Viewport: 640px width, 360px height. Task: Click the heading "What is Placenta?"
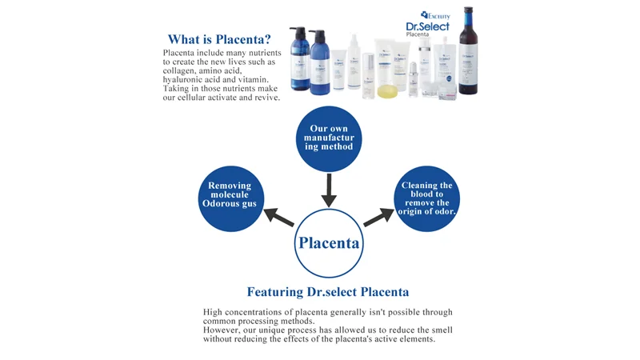tap(218, 39)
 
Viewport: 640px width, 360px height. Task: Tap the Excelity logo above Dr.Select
tap(435, 14)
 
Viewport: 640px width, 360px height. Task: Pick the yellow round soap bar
tap(386, 89)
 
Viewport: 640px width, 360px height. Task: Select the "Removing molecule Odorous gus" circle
tap(230, 196)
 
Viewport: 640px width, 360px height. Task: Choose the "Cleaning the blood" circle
tap(426, 199)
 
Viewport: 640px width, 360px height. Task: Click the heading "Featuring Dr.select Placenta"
tap(328, 292)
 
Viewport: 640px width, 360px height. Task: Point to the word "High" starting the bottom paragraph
tap(214, 312)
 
